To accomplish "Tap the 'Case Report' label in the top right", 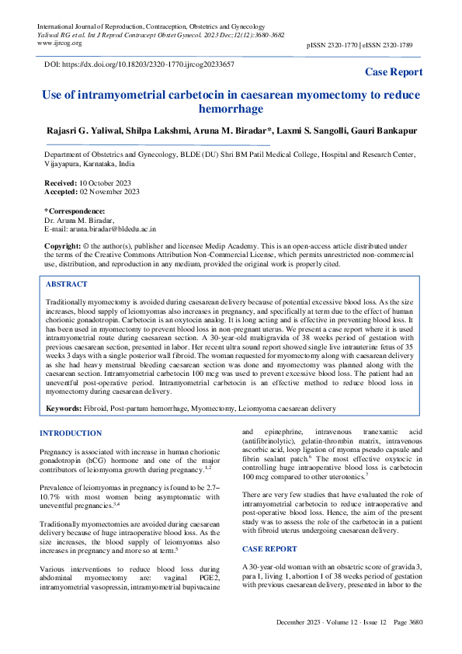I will point(394,72).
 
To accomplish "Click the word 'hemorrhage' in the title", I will point(231,110).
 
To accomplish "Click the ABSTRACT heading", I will point(67,285).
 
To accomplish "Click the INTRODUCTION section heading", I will point(76,432).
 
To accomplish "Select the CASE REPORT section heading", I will point(269,548).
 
